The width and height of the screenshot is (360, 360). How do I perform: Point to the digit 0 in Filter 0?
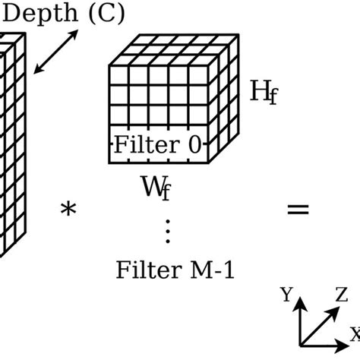coord(195,146)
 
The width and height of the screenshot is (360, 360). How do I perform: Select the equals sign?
coord(298,210)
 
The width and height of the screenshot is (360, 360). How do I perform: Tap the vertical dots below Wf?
coord(169,229)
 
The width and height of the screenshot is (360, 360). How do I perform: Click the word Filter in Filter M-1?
coord(142,269)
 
